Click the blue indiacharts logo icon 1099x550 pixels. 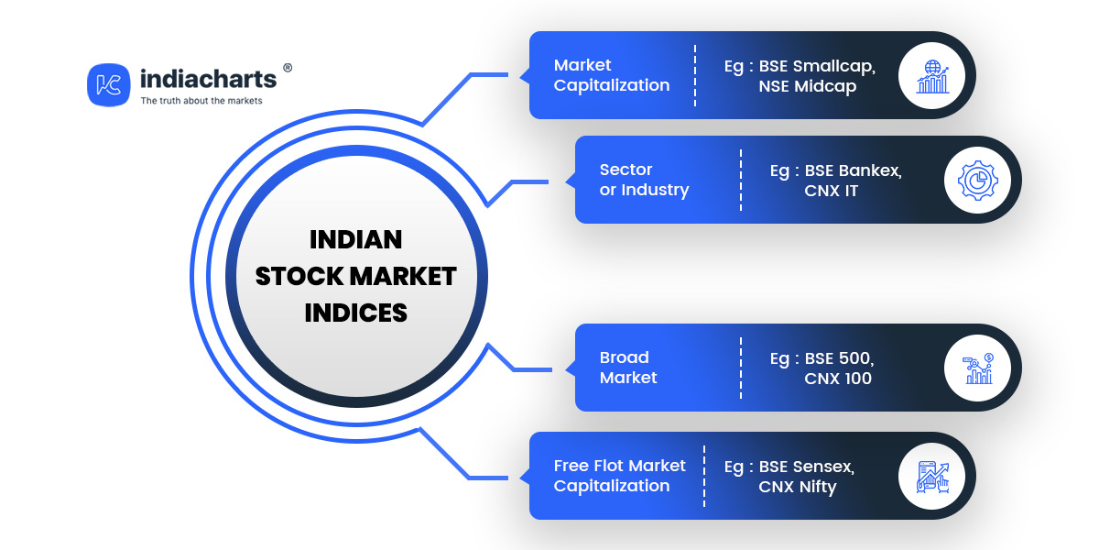[108, 84]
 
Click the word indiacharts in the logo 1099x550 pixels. [209, 79]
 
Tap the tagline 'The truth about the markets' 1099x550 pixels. [201, 101]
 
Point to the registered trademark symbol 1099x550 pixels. [288, 68]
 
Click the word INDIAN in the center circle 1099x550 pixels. [355, 239]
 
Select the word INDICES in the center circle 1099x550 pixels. [355, 313]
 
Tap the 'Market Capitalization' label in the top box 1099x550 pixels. [612, 75]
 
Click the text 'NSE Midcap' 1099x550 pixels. [808, 86]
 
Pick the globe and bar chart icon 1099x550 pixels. [932, 76]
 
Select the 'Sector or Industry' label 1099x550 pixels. [644, 180]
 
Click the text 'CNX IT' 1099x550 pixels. [832, 191]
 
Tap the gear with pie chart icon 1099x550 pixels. [978, 181]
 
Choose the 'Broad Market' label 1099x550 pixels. [628, 368]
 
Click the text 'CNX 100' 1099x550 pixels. [838, 379]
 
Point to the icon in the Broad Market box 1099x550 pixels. [978, 368]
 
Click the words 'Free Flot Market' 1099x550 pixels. [619, 466]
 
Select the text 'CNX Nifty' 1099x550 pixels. [798, 487]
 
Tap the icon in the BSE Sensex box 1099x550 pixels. [932, 477]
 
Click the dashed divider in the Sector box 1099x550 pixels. [741, 181]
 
